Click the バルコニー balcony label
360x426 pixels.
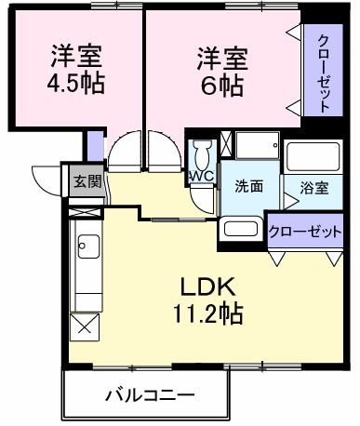point(149,394)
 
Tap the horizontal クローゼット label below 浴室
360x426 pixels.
point(305,232)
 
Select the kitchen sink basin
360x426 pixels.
point(89,248)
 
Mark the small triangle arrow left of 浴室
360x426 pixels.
point(289,186)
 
